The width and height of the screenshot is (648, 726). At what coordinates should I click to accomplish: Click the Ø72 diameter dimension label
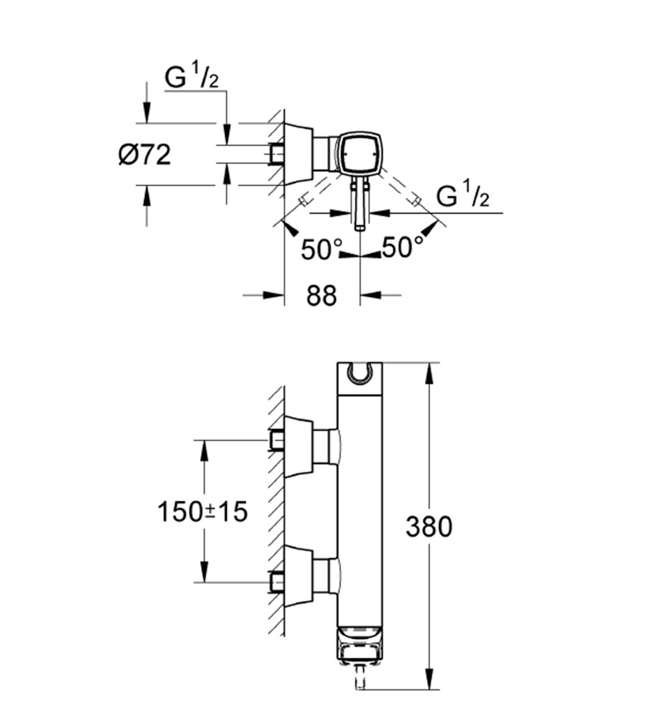[x=144, y=156]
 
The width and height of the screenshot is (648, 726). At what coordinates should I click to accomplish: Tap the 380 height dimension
[x=429, y=526]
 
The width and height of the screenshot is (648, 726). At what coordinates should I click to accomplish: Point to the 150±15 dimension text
[x=202, y=511]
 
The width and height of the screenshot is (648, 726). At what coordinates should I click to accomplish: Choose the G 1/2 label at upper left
[x=192, y=79]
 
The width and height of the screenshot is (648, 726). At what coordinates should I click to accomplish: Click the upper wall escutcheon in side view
[x=299, y=447]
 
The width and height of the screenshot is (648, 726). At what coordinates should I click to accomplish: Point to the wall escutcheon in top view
[x=299, y=154]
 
